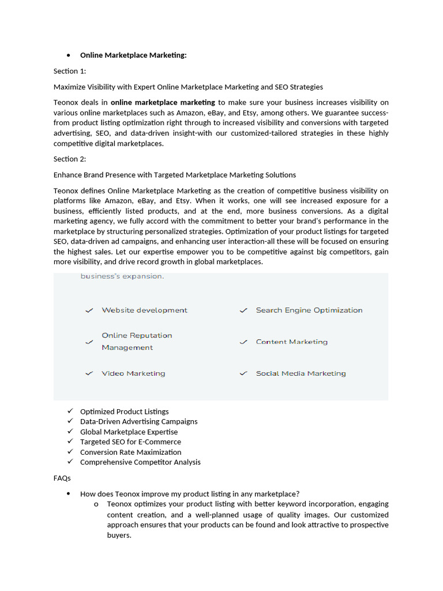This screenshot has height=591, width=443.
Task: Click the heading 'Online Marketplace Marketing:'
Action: (133, 55)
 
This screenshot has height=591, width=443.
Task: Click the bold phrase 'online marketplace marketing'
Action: (167, 102)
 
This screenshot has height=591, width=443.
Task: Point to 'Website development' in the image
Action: (144, 310)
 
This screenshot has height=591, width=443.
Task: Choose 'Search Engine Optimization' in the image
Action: (309, 310)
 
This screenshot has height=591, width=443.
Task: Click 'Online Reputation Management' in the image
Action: (137, 341)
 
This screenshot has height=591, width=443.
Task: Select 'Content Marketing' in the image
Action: (291, 342)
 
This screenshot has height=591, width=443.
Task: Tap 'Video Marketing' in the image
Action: (133, 373)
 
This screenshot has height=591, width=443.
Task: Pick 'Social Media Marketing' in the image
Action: (301, 373)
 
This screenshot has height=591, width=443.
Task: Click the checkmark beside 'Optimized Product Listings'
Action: (70, 412)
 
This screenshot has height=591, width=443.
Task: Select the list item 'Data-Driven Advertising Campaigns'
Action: (138, 421)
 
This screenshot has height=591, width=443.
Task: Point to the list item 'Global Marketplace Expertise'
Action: (129, 432)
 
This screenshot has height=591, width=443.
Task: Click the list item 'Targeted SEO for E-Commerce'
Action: (130, 442)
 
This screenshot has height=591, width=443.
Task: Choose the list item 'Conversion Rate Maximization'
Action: (130, 452)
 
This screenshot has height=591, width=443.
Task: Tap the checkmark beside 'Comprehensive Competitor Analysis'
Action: (70, 462)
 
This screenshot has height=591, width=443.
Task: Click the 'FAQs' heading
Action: (62, 478)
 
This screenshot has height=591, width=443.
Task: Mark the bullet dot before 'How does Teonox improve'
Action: (69, 493)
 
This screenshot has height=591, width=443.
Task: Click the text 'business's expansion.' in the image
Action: (122, 276)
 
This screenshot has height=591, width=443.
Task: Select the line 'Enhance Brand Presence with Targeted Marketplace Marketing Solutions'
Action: (175, 174)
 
